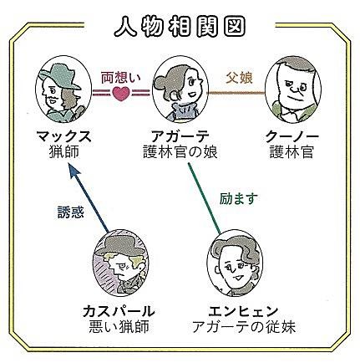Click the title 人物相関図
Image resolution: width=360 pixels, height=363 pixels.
pos(180,27)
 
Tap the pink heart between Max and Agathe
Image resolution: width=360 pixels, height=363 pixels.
pos(121,94)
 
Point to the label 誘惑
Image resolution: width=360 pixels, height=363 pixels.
pos(71,212)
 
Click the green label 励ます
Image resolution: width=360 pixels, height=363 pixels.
pos(239,199)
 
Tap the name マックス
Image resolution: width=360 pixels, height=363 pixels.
pos(63,136)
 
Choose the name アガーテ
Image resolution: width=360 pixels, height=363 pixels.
pos(180,136)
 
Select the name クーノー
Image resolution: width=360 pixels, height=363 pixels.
pos(292,136)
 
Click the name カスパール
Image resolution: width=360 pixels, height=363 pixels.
pos(119,311)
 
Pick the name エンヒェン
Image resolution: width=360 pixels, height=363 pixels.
pos(244,311)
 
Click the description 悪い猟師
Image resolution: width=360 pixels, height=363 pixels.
pos(119,326)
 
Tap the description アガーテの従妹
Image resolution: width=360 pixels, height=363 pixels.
pos(244,327)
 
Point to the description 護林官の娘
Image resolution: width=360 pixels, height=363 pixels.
pos(180,152)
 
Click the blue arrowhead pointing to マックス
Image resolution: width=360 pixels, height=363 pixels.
pos(74,171)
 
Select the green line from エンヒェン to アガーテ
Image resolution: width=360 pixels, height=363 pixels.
pos(205,198)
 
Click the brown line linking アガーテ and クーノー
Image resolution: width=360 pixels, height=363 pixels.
pos(236,93)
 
